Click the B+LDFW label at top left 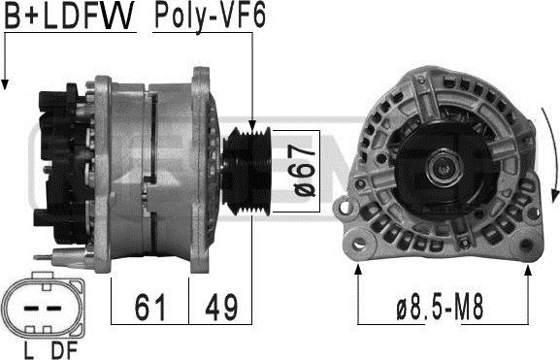69,16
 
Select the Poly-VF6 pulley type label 210,16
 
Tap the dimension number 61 150,307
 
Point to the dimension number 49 221,307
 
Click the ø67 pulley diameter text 304,171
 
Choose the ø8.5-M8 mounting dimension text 440,307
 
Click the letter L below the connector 28,349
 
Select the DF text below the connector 64,349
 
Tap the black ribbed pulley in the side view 247,171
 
